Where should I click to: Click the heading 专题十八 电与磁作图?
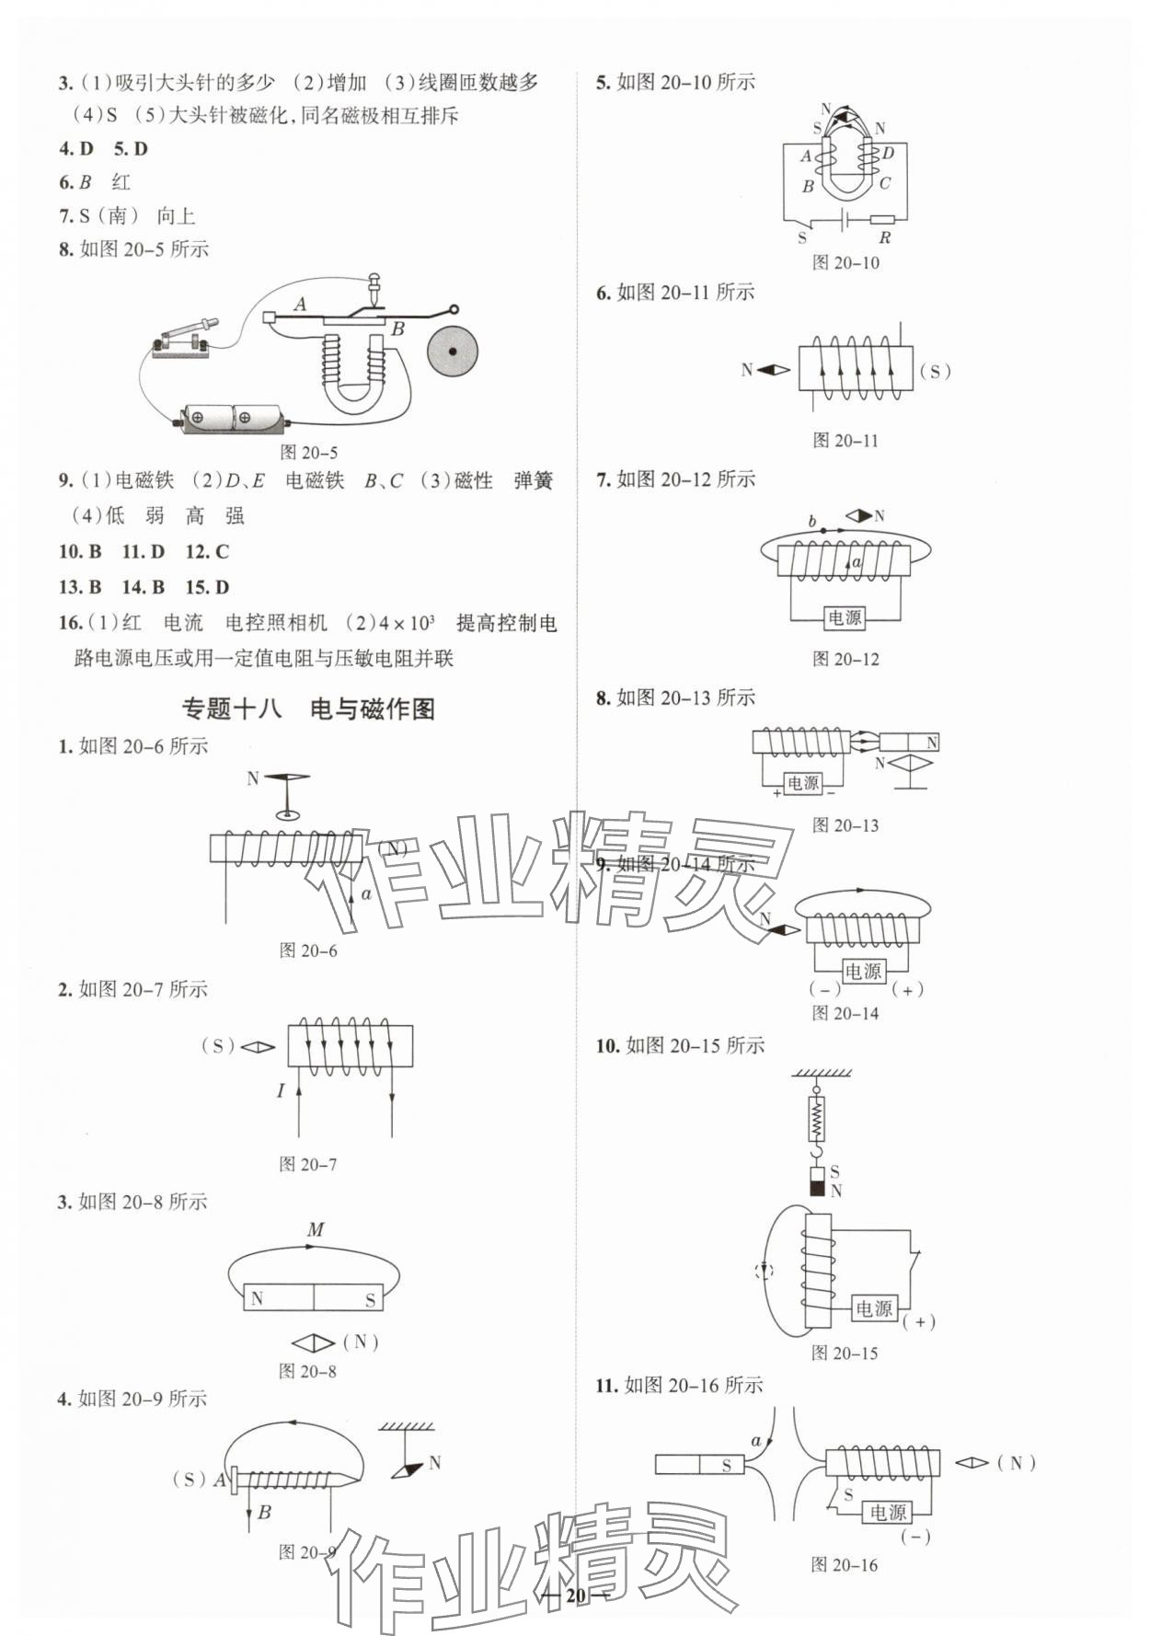point(307,709)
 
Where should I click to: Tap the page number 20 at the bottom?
point(576,1595)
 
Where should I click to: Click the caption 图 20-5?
point(308,452)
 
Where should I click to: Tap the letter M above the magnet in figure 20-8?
point(316,1229)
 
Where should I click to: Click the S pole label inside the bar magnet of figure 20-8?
point(370,1299)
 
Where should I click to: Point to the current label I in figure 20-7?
point(281,1090)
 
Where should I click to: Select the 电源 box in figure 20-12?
point(845,617)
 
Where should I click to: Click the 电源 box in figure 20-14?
point(863,971)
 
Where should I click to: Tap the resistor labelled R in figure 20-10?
point(882,219)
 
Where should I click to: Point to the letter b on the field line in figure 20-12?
point(811,521)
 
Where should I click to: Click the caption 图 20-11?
point(845,441)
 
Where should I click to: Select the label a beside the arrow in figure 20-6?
point(366,893)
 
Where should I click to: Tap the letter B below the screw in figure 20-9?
point(264,1512)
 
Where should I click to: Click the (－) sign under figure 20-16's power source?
point(915,1537)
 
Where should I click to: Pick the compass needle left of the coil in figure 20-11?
point(773,370)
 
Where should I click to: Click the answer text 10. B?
point(79,551)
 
